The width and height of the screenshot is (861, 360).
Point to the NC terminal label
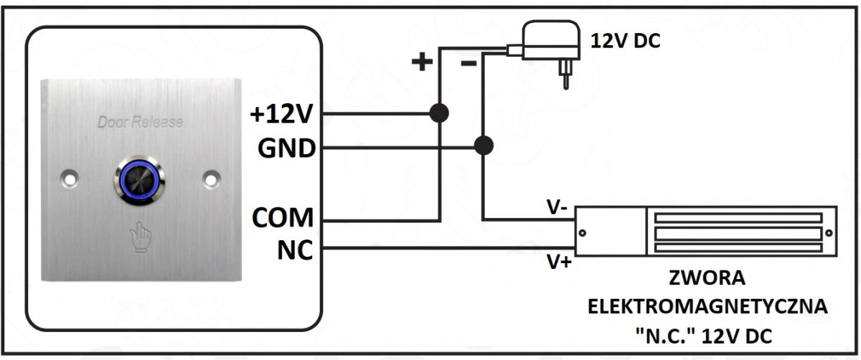[295, 250]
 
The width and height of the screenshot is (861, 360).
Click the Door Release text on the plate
[140, 122]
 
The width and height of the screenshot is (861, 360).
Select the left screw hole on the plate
[69, 176]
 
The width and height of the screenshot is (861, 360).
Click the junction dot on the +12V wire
[438, 113]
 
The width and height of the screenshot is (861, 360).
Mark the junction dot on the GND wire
[484, 146]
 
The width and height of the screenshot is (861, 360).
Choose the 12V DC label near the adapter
[625, 41]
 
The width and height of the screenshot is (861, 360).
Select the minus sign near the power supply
[468, 63]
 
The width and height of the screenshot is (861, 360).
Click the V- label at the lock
[557, 208]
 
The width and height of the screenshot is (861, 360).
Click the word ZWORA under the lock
[707, 278]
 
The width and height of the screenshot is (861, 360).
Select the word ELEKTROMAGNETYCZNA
[707, 307]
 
